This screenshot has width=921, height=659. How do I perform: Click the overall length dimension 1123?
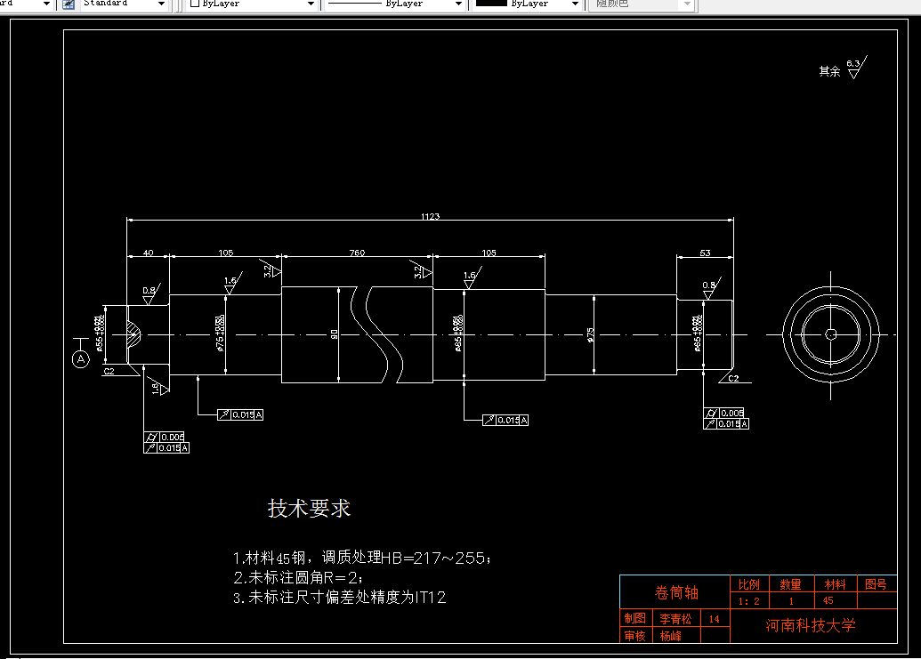[x=431, y=216]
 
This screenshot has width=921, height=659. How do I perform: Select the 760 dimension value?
[x=357, y=253]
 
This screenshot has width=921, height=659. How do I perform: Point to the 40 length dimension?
[x=148, y=253]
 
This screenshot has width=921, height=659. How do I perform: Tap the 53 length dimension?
[x=705, y=253]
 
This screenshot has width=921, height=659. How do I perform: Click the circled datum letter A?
[x=81, y=359]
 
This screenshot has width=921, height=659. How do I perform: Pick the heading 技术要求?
[x=310, y=509]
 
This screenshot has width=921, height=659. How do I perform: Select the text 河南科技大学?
[x=811, y=625]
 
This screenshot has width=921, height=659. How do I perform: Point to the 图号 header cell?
[x=876, y=584]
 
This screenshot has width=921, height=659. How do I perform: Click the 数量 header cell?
[x=790, y=584]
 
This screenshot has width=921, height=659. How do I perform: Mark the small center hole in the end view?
[x=830, y=334]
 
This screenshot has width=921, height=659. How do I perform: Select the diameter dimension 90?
[x=335, y=334]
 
